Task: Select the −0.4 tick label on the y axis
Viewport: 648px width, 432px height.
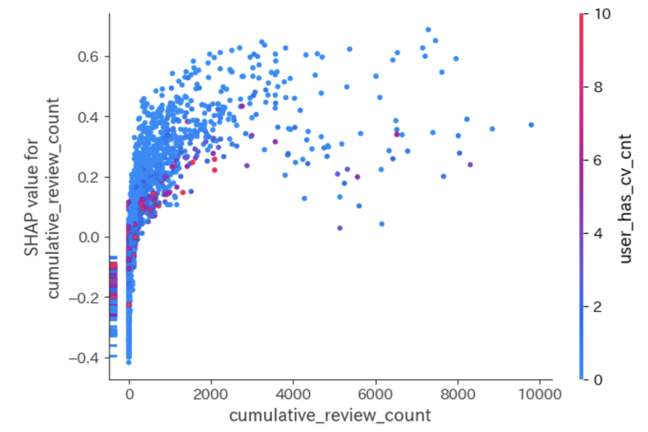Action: coord(86,357)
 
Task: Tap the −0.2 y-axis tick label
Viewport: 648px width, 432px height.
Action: coord(86,297)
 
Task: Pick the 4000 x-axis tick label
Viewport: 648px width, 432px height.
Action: coord(293,394)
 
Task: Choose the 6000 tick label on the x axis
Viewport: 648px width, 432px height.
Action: coord(376,394)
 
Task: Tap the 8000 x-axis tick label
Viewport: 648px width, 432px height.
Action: coord(457,394)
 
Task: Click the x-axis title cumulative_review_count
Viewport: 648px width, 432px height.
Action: coord(330,415)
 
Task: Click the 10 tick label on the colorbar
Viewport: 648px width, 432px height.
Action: coord(601,15)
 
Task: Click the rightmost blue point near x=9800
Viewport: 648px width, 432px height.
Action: coord(531,125)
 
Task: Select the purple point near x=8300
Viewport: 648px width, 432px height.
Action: coord(470,164)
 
